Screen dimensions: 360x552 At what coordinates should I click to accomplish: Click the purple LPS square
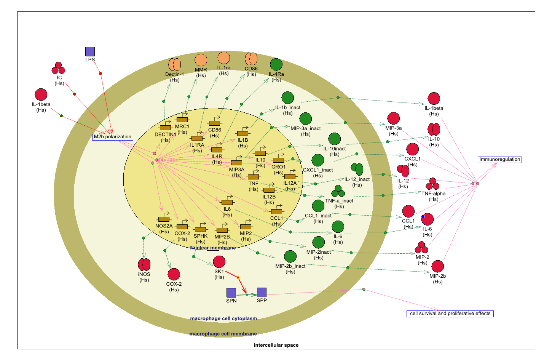tap(90, 51)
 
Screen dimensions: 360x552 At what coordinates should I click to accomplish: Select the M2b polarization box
tap(113, 137)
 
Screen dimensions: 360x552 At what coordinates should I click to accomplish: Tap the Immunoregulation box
tap(499, 160)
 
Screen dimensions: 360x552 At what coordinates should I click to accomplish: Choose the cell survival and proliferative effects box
tap(450, 314)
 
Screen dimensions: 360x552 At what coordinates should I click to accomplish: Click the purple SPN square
tap(231, 293)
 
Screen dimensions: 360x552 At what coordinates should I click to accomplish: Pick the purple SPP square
tap(262, 292)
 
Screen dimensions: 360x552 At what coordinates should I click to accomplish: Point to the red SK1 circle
tap(219, 262)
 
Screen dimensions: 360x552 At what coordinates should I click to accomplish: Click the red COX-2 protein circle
tap(174, 274)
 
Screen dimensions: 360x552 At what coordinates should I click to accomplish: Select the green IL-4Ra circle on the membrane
tap(276, 64)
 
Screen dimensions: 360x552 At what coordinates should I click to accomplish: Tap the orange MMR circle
tap(201, 60)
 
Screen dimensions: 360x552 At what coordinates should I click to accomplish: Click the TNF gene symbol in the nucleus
tap(254, 176)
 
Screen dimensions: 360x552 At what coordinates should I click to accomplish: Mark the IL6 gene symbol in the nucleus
tap(227, 202)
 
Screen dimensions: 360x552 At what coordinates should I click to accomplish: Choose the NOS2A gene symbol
tap(164, 219)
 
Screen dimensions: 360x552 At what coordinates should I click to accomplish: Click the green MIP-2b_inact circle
tap(290, 256)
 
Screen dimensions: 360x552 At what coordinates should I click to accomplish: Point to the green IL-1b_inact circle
tap(287, 98)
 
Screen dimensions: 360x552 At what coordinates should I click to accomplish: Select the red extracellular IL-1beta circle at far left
tap(41, 94)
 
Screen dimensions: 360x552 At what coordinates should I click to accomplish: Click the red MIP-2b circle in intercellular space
tap(437, 266)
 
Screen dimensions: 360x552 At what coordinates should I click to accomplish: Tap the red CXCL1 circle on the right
tap(412, 149)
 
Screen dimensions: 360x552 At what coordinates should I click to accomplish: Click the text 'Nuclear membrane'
tap(213, 248)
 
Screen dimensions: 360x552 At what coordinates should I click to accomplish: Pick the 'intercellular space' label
tap(276, 345)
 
